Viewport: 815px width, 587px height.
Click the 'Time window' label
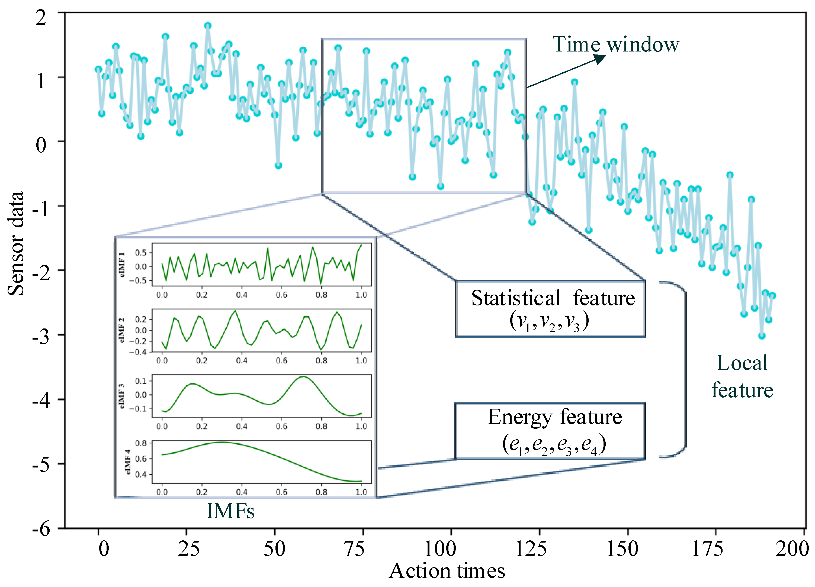pos(615,44)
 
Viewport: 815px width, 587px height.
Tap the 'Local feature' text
pos(742,376)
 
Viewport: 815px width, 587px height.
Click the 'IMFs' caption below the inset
pos(230,511)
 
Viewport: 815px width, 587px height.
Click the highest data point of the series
pos(208,25)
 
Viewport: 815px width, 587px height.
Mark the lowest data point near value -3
pos(762,336)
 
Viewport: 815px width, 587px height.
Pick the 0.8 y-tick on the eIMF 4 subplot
pos(141,443)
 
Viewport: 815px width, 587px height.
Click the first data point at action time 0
pos(98,69)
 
